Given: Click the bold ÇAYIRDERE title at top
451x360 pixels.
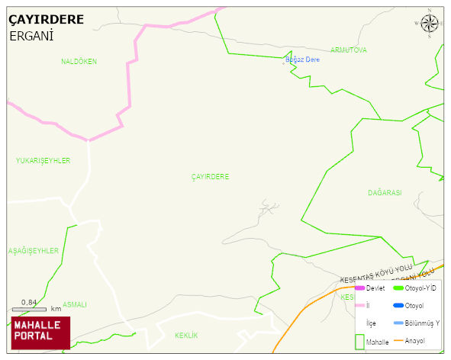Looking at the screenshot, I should coord(47,20).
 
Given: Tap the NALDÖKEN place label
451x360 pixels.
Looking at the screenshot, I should coord(79,62).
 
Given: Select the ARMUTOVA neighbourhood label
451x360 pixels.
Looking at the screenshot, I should coord(348,50).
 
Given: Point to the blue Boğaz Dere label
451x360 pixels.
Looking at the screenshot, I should coord(302,59).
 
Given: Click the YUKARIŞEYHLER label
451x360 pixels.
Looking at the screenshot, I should coord(43,161).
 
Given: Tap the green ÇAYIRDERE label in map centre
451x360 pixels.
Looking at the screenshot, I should coord(210,177).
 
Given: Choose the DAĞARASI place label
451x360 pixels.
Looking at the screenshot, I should coord(384,193).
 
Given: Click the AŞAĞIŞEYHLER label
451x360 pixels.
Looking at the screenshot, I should coord(34,251).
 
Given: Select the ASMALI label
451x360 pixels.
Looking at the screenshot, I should coord(75,304).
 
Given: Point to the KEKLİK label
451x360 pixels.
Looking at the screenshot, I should coord(186,336).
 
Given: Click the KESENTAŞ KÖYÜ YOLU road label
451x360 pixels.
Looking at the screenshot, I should coord(375,271).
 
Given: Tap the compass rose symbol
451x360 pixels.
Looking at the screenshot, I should coord(430,24).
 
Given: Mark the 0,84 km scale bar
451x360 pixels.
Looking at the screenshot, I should coord(30,308).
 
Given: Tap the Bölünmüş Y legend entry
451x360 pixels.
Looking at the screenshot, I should coord(421,323).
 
